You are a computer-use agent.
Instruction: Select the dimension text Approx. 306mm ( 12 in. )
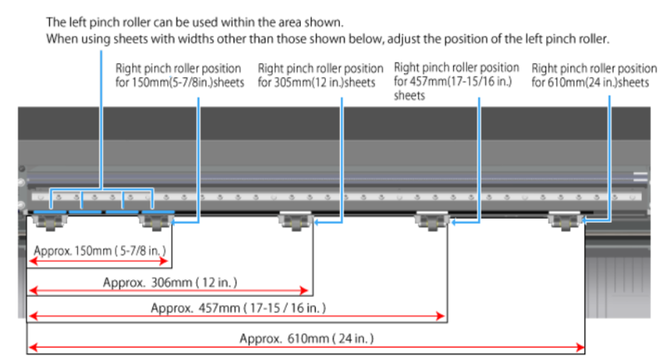(159, 283)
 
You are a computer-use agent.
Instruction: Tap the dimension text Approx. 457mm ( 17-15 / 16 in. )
(238, 308)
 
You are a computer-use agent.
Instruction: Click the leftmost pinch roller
(51, 220)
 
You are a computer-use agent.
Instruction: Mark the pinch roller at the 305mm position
(296, 220)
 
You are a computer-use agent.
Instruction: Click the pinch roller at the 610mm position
(565, 220)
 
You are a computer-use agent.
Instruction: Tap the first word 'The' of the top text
(56, 21)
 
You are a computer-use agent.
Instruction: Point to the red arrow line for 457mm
(237, 318)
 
